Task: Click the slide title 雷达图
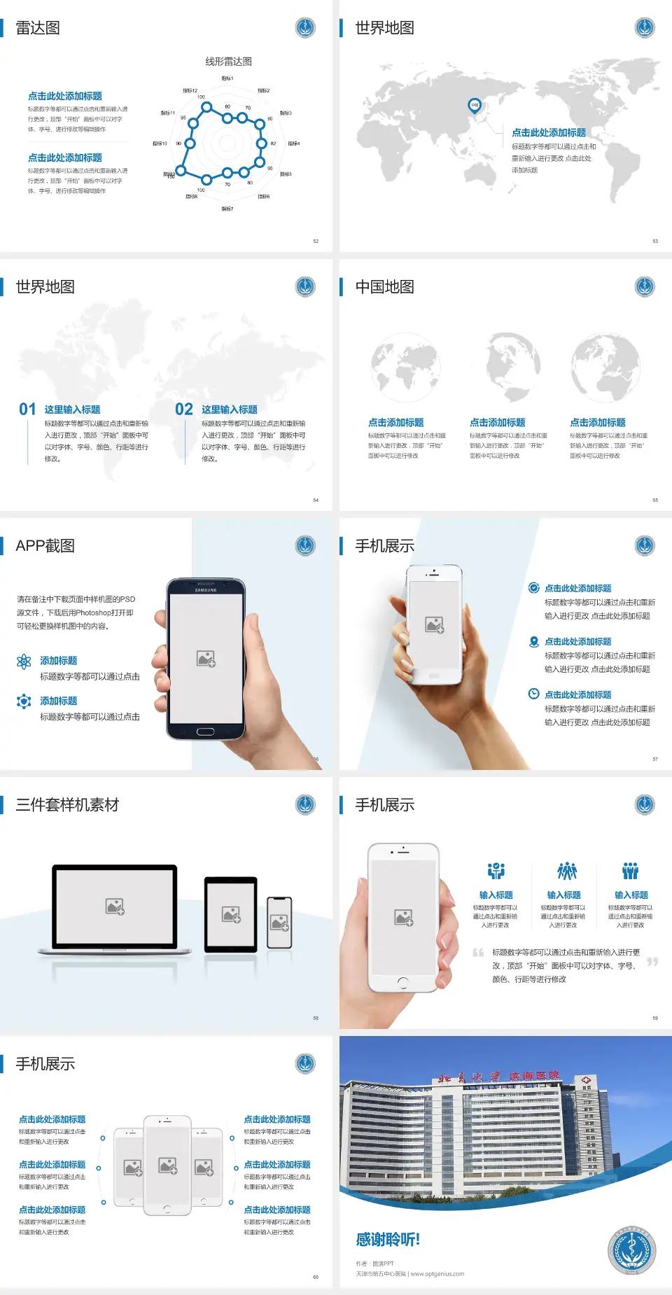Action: pyautogui.click(x=38, y=28)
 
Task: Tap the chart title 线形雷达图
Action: pyautogui.click(x=228, y=62)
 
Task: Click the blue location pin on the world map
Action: pyautogui.click(x=475, y=105)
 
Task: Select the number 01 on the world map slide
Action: pyautogui.click(x=27, y=409)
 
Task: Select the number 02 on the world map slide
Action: pyautogui.click(x=184, y=409)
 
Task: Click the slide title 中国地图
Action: pyautogui.click(x=384, y=287)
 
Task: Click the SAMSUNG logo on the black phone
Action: pyautogui.click(x=206, y=590)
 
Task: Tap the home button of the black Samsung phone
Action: pyautogui.click(x=205, y=731)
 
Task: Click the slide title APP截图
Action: pyautogui.click(x=45, y=546)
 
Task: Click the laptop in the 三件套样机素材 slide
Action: pyautogui.click(x=115, y=909)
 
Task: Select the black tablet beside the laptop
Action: pyautogui.click(x=231, y=913)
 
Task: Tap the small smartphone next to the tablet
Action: pyautogui.click(x=279, y=923)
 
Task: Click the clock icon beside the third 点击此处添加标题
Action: pyautogui.click(x=533, y=694)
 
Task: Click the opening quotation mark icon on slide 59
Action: pyautogui.click(x=478, y=953)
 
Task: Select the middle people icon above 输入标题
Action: pyautogui.click(x=566, y=871)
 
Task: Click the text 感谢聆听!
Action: pyautogui.click(x=388, y=1240)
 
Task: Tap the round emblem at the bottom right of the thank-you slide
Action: pyautogui.click(x=631, y=1250)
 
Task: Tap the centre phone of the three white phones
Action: pyautogui.click(x=167, y=1165)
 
